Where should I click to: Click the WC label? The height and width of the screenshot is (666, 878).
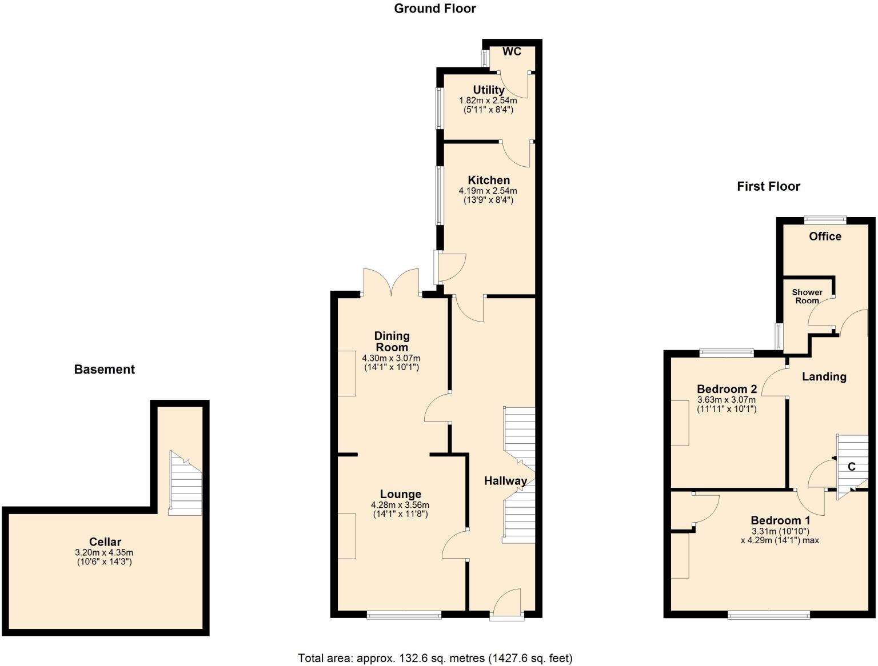(x=512, y=51)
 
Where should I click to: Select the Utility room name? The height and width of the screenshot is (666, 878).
(x=488, y=90)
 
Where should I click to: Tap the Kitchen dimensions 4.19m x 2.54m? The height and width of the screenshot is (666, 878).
(x=488, y=191)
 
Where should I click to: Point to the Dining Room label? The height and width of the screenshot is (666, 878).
(x=392, y=342)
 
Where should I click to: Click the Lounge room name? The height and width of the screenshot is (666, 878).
(x=400, y=494)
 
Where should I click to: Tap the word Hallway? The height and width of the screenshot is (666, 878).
(x=505, y=481)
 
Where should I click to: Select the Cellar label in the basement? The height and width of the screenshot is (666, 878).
(x=105, y=541)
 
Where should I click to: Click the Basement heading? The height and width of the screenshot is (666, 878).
(x=104, y=370)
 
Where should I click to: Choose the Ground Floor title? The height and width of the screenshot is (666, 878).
(x=434, y=9)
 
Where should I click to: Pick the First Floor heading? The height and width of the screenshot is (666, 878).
(x=768, y=186)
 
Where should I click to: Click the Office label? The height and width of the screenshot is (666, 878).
(x=825, y=236)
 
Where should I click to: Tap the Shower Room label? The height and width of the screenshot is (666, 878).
(x=807, y=296)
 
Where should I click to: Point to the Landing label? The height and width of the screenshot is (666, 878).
(x=824, y=376)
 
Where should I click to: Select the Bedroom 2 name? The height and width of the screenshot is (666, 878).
(x=727, y=389)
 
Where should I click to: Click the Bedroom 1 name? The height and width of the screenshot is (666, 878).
(x=780, y=520)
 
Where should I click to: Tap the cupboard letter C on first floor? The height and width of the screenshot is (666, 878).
(x=851, y=467)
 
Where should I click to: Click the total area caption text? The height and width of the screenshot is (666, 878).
(x=435, y=658)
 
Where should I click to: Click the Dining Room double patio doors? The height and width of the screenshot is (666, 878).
(x=392, y=283)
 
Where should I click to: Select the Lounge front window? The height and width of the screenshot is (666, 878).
(x=404, y=615)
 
